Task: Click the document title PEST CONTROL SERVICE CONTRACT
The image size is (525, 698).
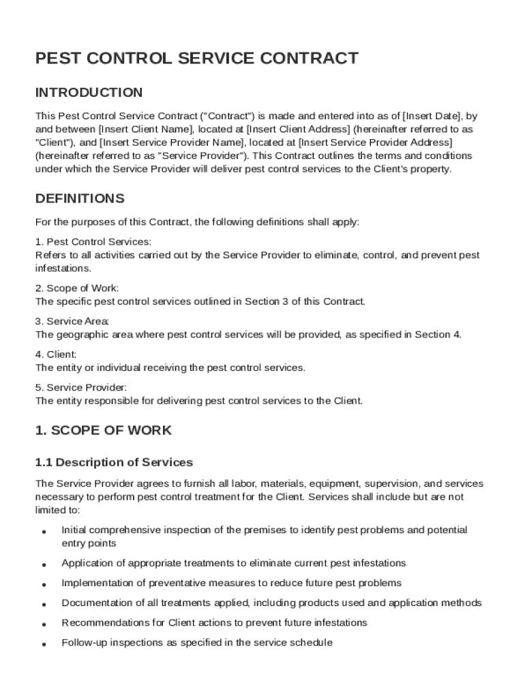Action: point(196,59)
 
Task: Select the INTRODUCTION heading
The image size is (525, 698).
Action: point(89,93)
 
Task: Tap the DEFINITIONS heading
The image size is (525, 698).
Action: point(80,199)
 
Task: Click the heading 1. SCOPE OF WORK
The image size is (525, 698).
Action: point(104,431)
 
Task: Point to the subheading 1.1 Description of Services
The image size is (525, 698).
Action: point(114,463)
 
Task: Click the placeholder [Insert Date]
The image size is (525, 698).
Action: point(432,115)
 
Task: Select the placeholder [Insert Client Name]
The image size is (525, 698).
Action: point(147,129)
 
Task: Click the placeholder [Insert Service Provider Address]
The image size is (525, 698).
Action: point(375,142)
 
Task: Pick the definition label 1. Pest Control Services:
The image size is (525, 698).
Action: point(93,242)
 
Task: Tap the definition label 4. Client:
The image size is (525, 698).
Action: point(56,354)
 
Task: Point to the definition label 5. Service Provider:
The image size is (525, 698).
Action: point(80,388)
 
